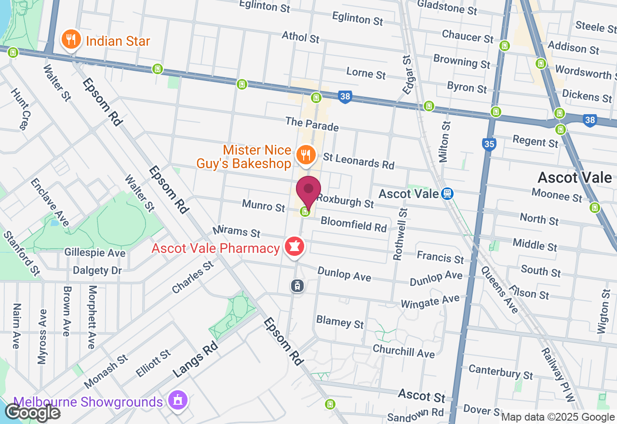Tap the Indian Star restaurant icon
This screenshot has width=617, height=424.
pyautogui.click(x=71, y=40)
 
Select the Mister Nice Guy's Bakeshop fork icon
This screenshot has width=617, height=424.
pyautogui.click(x=305, y=155)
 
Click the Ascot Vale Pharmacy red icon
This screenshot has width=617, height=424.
pyautogui.click(x=295, y=247)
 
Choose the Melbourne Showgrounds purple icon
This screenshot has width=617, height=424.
pyautogui.click(x=178, y=400)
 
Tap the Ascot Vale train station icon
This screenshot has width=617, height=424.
pyautogui.click(x=447, y=194)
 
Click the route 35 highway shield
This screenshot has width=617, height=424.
pyautogui.click(x=489, y=144)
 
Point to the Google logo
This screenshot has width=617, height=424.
pyautogui.click(x=32, y=412)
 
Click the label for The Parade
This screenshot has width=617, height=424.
pyautogui.click(x=312, y=124)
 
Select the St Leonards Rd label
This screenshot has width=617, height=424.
pyautogui.click(x=359, y=160)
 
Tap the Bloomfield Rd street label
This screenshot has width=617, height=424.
pyautogui.click(x=353, y=224)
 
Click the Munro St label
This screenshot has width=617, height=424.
pyautogui.click(x=263, y=206)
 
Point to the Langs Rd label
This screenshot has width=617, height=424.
pyautogui.click(x=195, y=359)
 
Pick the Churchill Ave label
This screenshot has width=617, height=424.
pyautogui.click(x=403, y=351)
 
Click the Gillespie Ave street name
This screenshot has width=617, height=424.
pyautogui.click(x=95, y=253)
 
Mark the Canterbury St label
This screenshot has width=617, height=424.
pyautogui.click(x=501, y=371)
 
